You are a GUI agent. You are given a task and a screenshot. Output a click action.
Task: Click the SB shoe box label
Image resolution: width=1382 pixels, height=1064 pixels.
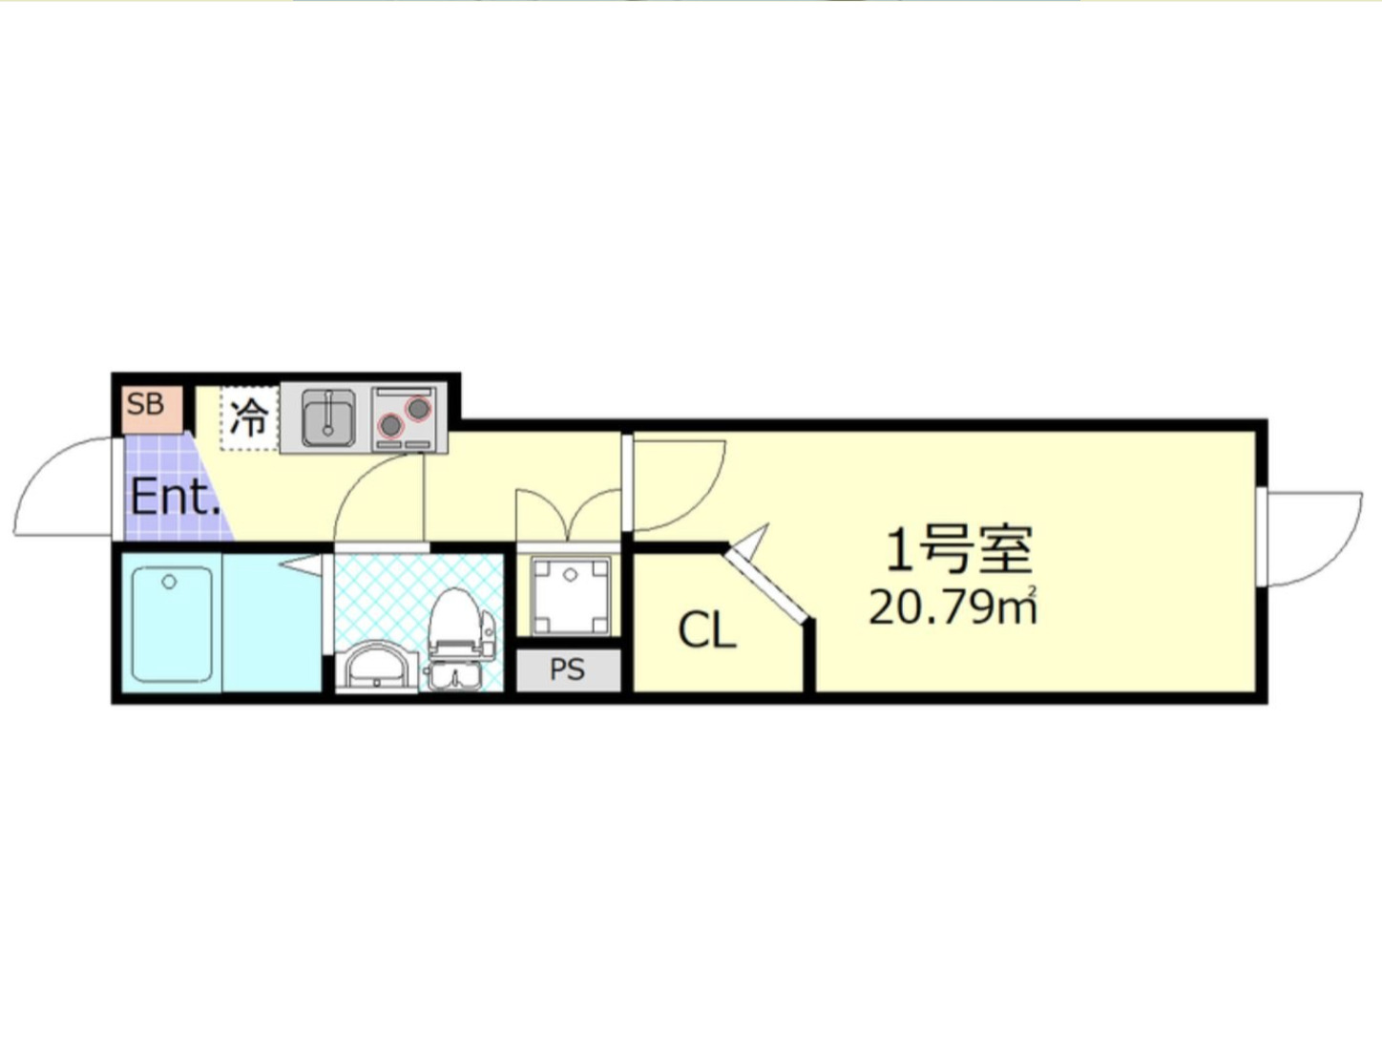146,404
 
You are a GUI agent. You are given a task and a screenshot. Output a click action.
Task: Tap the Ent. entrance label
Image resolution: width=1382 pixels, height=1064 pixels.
175,497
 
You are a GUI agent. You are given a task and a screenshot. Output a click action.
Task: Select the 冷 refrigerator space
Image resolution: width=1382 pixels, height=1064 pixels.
248,417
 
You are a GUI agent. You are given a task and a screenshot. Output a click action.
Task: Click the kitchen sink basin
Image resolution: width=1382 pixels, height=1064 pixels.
328,418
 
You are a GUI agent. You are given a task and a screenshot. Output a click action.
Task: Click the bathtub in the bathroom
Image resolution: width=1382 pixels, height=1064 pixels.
172,624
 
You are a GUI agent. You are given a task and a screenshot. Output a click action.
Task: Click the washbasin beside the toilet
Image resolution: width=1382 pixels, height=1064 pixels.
377,666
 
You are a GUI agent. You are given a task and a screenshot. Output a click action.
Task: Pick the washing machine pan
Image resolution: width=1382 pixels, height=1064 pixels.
570,595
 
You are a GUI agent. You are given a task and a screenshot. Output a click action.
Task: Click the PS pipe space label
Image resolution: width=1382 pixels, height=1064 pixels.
567,670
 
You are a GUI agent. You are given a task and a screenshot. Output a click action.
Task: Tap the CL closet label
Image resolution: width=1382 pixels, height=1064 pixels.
706,630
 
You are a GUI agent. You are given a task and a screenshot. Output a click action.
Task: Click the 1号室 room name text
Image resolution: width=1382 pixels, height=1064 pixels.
958,549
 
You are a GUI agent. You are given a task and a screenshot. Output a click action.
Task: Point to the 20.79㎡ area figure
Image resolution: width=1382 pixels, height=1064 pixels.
952,607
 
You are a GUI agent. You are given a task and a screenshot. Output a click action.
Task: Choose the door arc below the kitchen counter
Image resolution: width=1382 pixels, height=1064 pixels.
375,497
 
